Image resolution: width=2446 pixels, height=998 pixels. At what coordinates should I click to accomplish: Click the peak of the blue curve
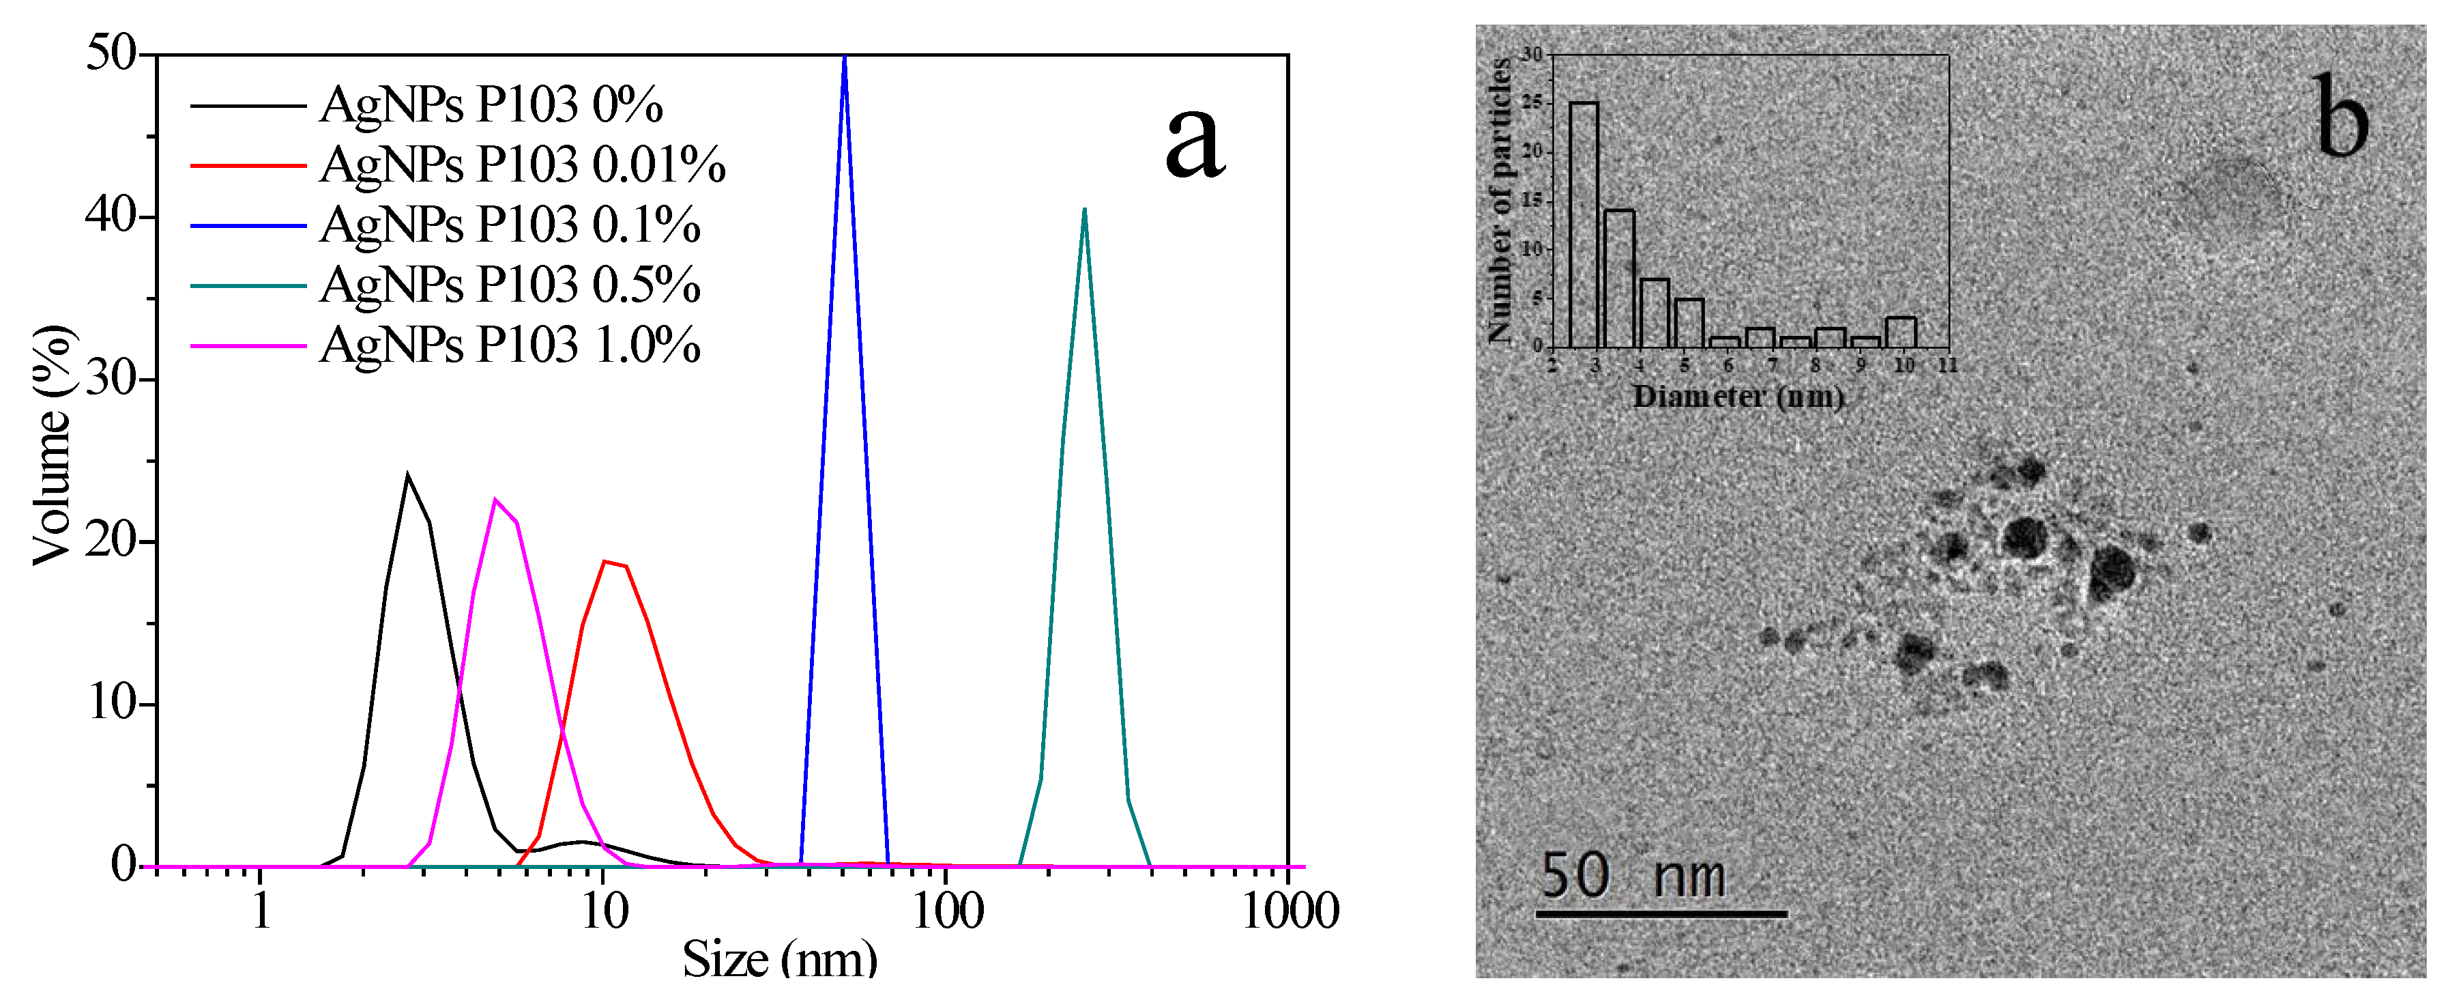[844, 59]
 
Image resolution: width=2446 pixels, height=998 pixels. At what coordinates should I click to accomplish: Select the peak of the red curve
[606, 562]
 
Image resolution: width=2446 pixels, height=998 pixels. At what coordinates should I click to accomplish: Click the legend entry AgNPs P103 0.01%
[522, 165]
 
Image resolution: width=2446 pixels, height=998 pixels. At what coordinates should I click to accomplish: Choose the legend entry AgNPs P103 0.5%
[510, 285]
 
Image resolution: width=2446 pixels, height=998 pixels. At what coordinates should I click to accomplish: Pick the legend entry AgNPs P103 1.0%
[510, 345]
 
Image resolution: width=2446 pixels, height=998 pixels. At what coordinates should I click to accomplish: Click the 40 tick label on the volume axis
[111, 216]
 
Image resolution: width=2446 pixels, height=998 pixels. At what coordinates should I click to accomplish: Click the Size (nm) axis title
[778, 959]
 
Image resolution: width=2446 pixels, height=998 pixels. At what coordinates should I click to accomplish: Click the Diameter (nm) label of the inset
[1738, 397]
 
